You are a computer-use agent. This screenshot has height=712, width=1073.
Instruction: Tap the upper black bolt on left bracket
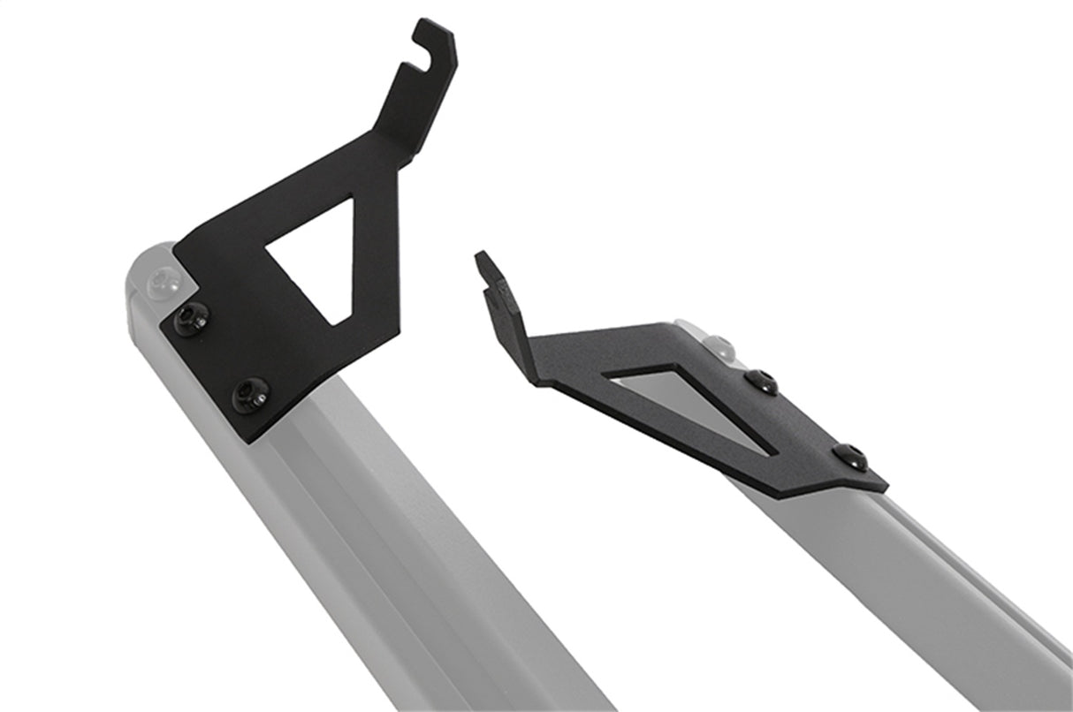coord(191,318)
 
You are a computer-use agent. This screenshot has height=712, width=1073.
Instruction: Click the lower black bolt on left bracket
coord(250,394)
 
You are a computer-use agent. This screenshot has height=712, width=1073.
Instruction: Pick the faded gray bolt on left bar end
coord(162,281)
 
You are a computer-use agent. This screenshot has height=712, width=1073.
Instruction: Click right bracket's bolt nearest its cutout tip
coord(761,382)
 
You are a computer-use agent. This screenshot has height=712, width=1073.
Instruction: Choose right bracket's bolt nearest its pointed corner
coord(849,457)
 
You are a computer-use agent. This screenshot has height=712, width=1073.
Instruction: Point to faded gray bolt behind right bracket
coord(718,347)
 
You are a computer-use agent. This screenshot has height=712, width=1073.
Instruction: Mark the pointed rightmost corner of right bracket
coord(885,485)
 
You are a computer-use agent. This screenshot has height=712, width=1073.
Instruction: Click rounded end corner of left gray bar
coord(141,261)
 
